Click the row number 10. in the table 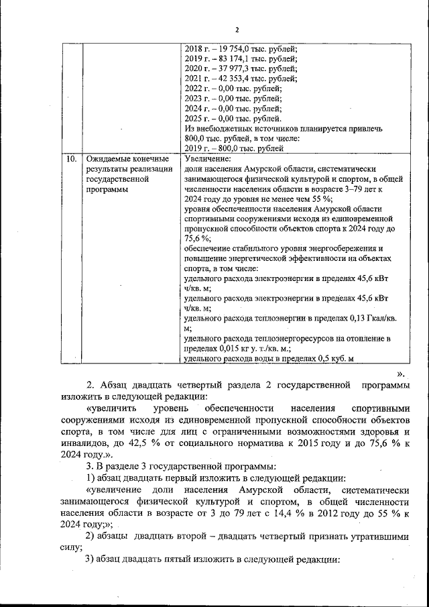(x=69, y=159)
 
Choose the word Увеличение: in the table (x=207, y=159)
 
